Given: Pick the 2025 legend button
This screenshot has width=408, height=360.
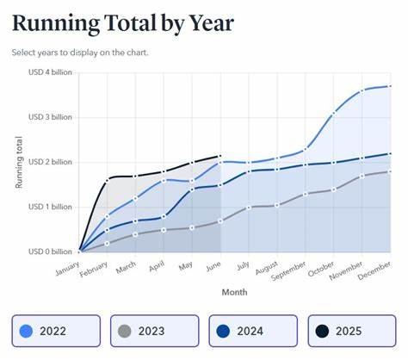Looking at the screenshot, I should (x=352, y=330).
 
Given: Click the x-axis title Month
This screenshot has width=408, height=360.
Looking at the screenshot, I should (x=233, y=292).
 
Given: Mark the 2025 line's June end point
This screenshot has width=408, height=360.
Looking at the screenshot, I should (x=220, y=156).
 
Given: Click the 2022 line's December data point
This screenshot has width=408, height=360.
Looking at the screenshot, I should (x=390, y=86).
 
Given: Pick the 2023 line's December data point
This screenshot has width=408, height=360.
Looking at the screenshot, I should (x=390, y=171).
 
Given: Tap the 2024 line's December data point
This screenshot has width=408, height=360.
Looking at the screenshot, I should (x=390, y=153).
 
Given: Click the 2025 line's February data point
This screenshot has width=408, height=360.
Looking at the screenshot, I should (x=108, y=180).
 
